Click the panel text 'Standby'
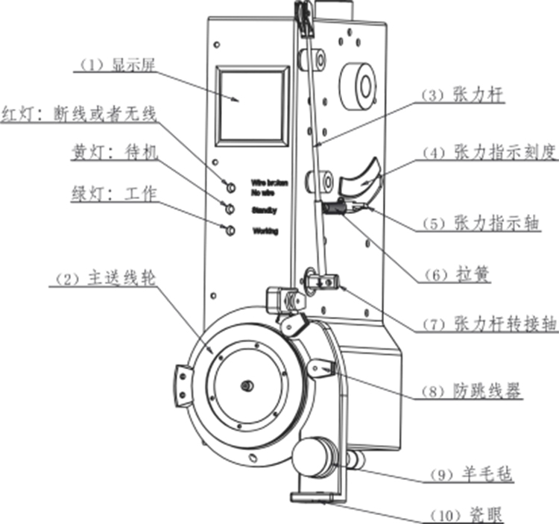(x=265, y=209)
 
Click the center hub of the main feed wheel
(x=246, y=385)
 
